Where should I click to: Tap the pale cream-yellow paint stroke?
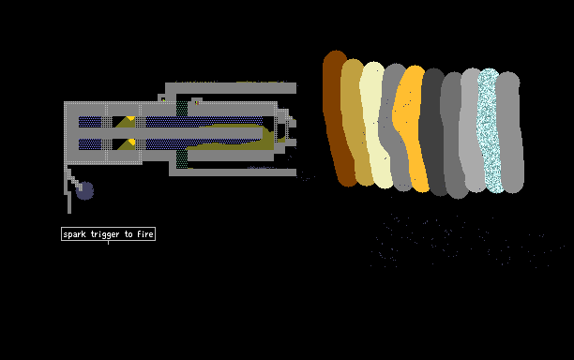coord(375,125)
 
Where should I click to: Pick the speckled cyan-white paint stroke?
coord(490,130)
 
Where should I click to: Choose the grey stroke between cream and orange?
coord(394,127)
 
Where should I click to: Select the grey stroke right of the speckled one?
coord(510,131)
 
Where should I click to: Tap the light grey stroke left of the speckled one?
coord(471,130)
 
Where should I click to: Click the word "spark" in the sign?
coord(74,234)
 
